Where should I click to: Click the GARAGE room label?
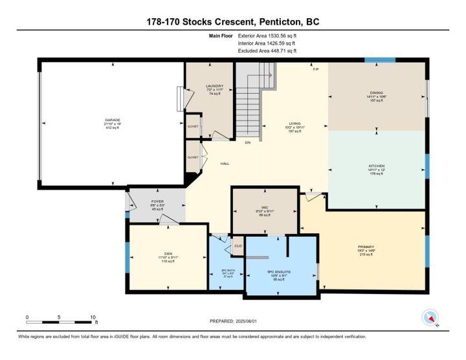[113, 120]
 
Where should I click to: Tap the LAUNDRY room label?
[214, 86]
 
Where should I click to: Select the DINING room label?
[377, 93]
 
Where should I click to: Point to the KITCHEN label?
[377, 166]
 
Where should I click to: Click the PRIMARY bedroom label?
[366, 247]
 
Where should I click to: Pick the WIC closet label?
[265, 208]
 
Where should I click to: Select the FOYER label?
[157, 201]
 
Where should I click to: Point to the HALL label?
[225, 163]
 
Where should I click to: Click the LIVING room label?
[295, 124]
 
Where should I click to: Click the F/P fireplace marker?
[316, 69]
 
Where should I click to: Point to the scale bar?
[61, 322]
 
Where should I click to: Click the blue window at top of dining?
[379, 60]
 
